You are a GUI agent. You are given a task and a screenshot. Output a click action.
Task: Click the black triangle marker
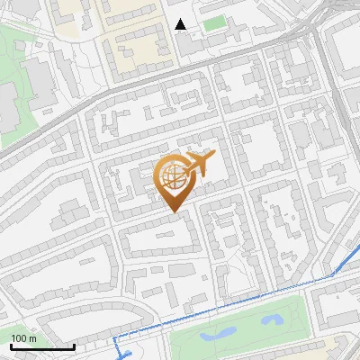(x=182, y=24)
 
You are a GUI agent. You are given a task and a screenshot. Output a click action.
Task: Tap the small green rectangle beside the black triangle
(x=213, y=23)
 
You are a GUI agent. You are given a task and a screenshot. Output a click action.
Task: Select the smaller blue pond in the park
(x=273, y=319)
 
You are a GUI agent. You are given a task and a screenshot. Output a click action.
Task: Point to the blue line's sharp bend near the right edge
(x=334, y=274)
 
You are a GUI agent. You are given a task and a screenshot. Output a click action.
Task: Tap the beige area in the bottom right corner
(x=346, y=346)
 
